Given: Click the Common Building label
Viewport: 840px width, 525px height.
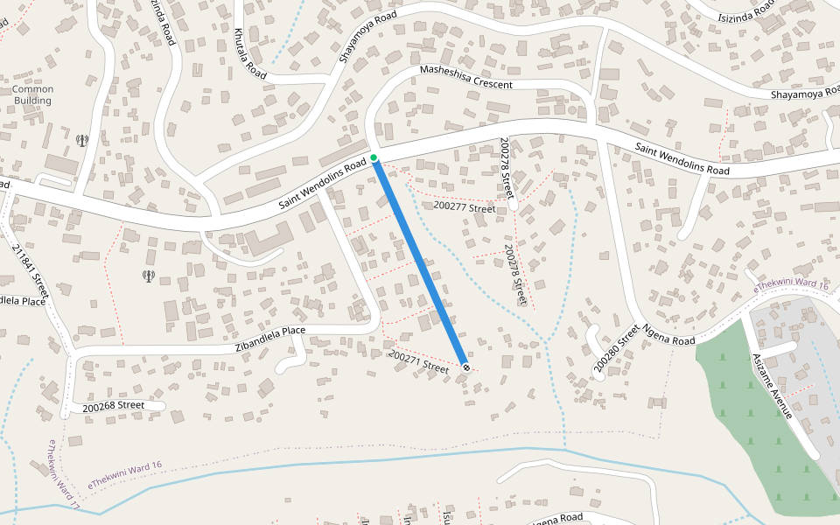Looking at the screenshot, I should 32,94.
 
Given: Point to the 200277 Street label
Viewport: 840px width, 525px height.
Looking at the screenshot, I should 465,207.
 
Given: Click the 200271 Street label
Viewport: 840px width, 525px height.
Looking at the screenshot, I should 418,362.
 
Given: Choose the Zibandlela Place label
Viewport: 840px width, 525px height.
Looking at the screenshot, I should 270,339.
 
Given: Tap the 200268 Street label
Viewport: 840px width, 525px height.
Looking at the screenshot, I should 114,406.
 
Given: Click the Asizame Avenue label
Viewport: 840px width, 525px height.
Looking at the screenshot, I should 771,385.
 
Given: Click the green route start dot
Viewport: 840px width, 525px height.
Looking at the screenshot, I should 374,157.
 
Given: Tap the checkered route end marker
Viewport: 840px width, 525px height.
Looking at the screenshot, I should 466,367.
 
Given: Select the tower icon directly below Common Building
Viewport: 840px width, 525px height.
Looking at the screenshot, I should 82,140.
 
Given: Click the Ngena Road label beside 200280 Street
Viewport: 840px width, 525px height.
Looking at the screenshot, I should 668,334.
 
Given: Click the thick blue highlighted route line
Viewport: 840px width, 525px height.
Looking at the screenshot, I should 420,262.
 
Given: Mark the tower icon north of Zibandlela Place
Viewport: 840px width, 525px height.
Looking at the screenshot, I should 149,276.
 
